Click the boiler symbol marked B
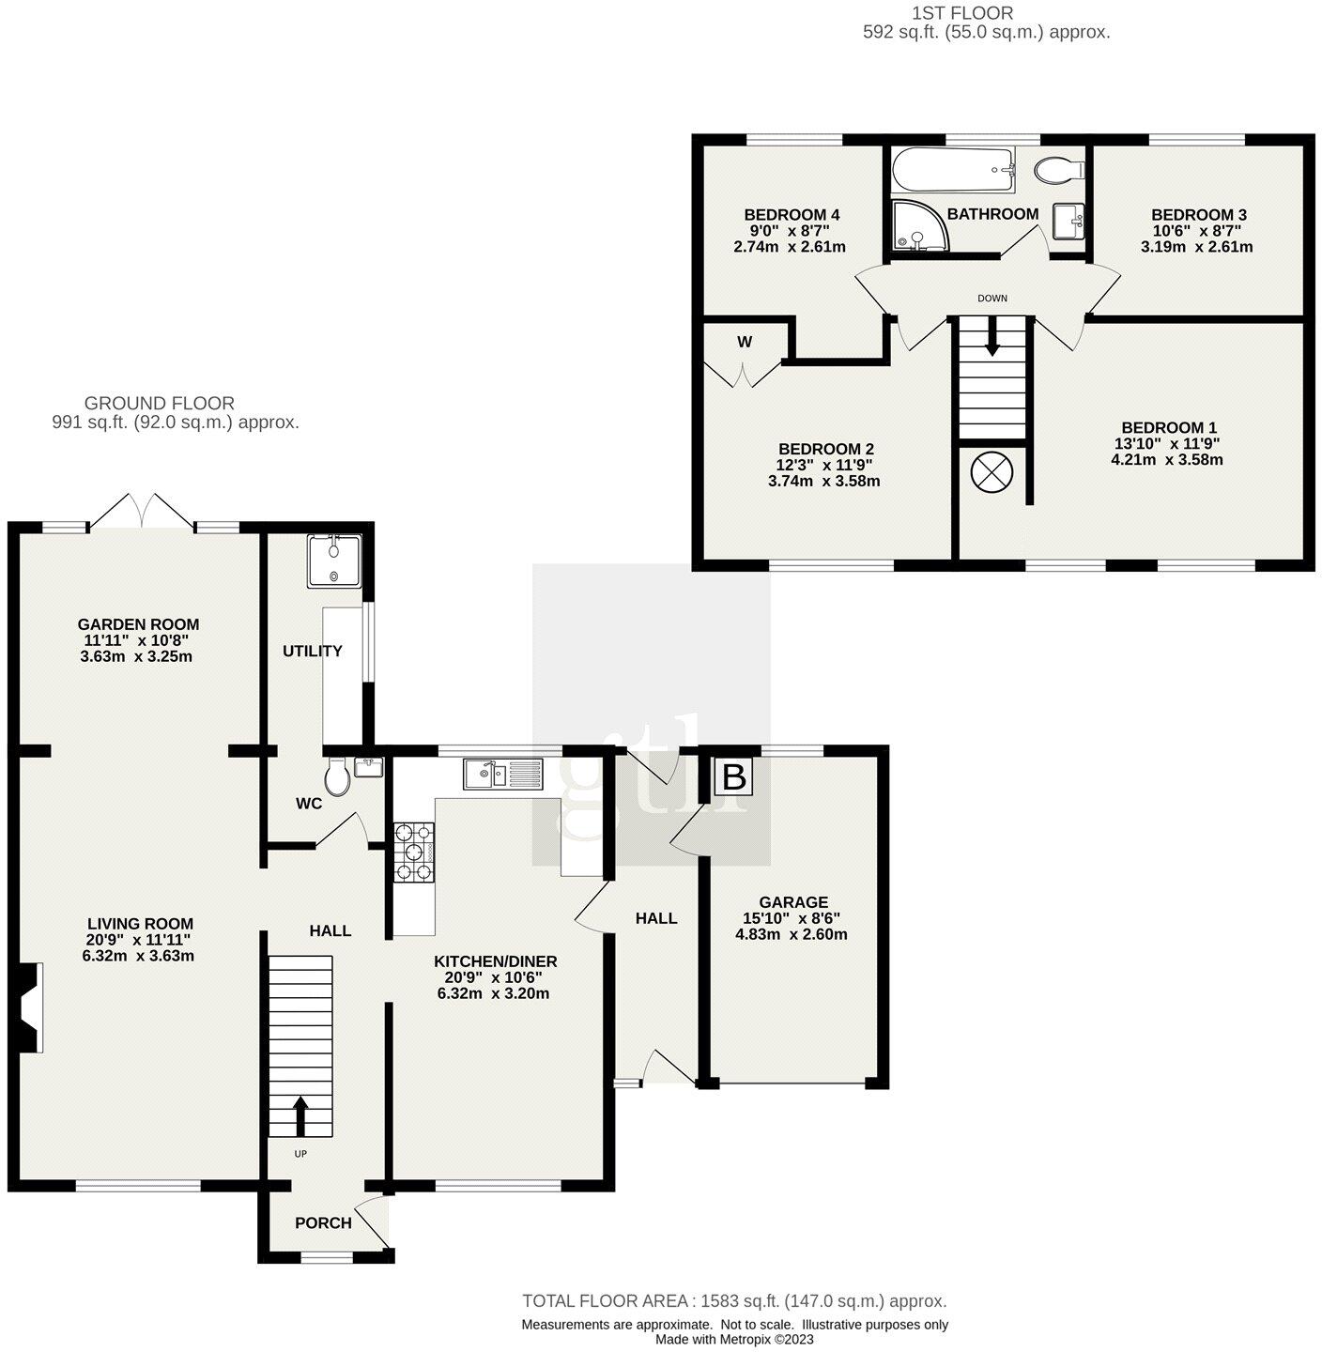[x=734, y=777]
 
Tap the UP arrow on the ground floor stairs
[x=300, y=1115]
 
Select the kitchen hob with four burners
[x=414, y=852]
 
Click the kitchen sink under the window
[x=502, y=775]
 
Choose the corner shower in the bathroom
[x=919, y=227]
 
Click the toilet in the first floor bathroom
[x=1059, y=170]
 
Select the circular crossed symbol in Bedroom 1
[x=992, y=471]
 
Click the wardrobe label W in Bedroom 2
[x=745, y=342]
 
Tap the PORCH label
[x=323, y=1222]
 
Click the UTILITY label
[x=313, y=651]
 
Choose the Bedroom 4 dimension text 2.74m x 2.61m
[x=789, y=247]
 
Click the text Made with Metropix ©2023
[x=734, y=1340]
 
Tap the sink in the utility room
[x=333, y=561]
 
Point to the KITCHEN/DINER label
[x=495, y=961]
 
